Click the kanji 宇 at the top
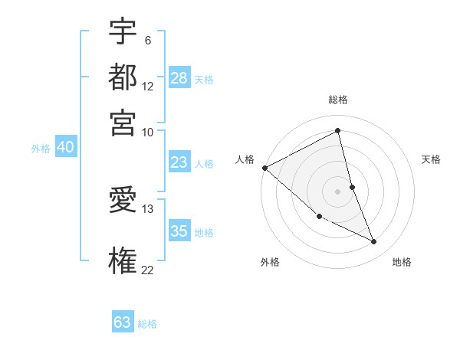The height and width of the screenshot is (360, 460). [123, 33]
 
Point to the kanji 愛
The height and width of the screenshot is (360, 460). [123, 201]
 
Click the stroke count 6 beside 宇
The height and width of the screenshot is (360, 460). [147, 41]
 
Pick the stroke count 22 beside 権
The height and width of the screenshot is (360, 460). [147, 269]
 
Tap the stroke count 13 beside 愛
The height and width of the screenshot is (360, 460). [147, 208]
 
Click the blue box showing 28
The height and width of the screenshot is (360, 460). [179, 77]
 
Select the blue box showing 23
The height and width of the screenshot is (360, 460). [179, 162]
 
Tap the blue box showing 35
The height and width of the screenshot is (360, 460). [179, 231]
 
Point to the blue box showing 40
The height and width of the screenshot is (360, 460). [65, 147]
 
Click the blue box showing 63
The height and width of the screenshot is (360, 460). [123, 322]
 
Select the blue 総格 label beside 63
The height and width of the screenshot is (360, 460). [147, 324]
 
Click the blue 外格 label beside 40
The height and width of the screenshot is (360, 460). [41, 149]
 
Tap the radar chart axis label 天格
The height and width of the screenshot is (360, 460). [432, 159]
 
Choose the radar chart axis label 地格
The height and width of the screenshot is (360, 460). [402, 262]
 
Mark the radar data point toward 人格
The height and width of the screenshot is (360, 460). [264, 168]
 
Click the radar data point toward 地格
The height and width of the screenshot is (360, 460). [374, 242]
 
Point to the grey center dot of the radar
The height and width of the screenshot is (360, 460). [338, 191]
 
